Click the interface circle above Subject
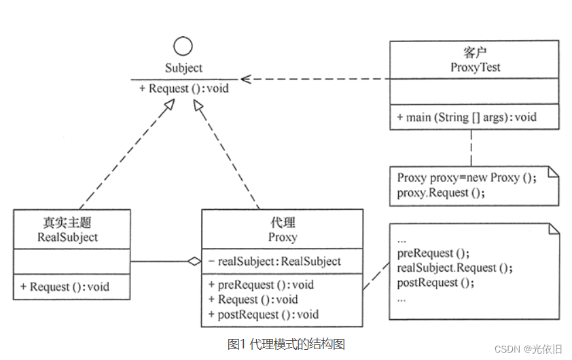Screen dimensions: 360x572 click(x=183, y=46)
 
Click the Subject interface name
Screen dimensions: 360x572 click(x=183, y=68)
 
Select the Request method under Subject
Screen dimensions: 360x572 click(x=184, y=88)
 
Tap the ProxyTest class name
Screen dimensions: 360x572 click(x=475, y=67)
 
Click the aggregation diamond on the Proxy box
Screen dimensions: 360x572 click(x=194, y=261)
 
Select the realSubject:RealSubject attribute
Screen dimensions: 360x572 click(x=275, y=262)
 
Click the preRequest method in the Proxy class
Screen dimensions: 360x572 click(x=262, y=285)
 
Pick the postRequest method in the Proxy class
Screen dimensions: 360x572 click(x=264, y=314)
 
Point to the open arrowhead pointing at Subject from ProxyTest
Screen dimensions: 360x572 click(x=247, y=79)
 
